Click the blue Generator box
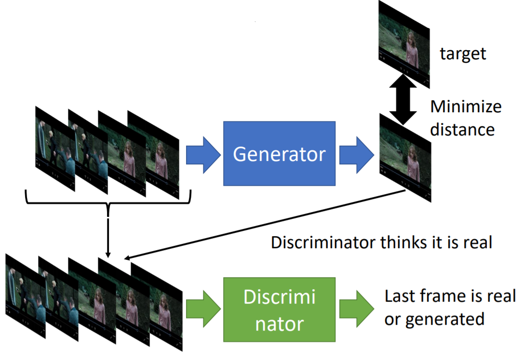click(x=279, y=153)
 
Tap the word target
click(x=463, y=53)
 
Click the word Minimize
click(x=466, y=107)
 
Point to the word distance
click(x=462, y=129)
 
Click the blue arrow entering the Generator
click(x=202, y=153)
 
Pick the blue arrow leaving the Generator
click(x=356, y=153)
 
